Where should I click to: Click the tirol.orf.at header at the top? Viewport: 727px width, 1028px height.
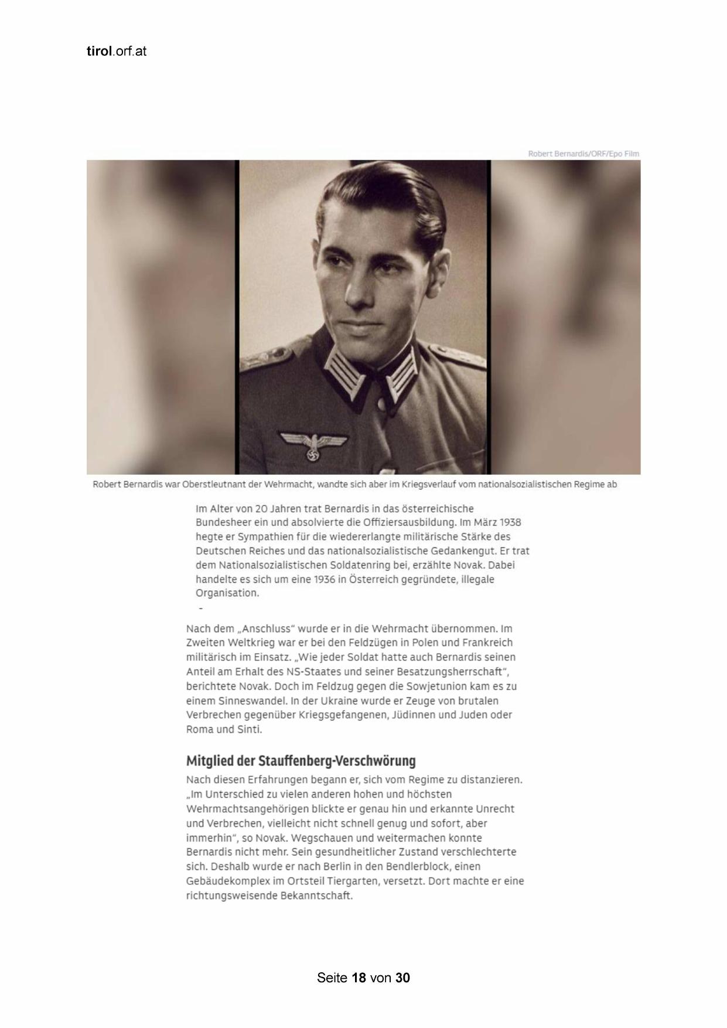(x=116, y=52)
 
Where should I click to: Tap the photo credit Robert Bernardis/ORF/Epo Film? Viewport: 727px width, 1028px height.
(x=583, y=154)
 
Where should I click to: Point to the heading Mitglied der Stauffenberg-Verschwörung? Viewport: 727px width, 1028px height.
(x=301, y=761)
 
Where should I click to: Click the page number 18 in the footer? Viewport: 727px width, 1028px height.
(x=359, y=978)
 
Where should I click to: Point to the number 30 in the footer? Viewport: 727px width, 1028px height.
(x=402, y=978)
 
